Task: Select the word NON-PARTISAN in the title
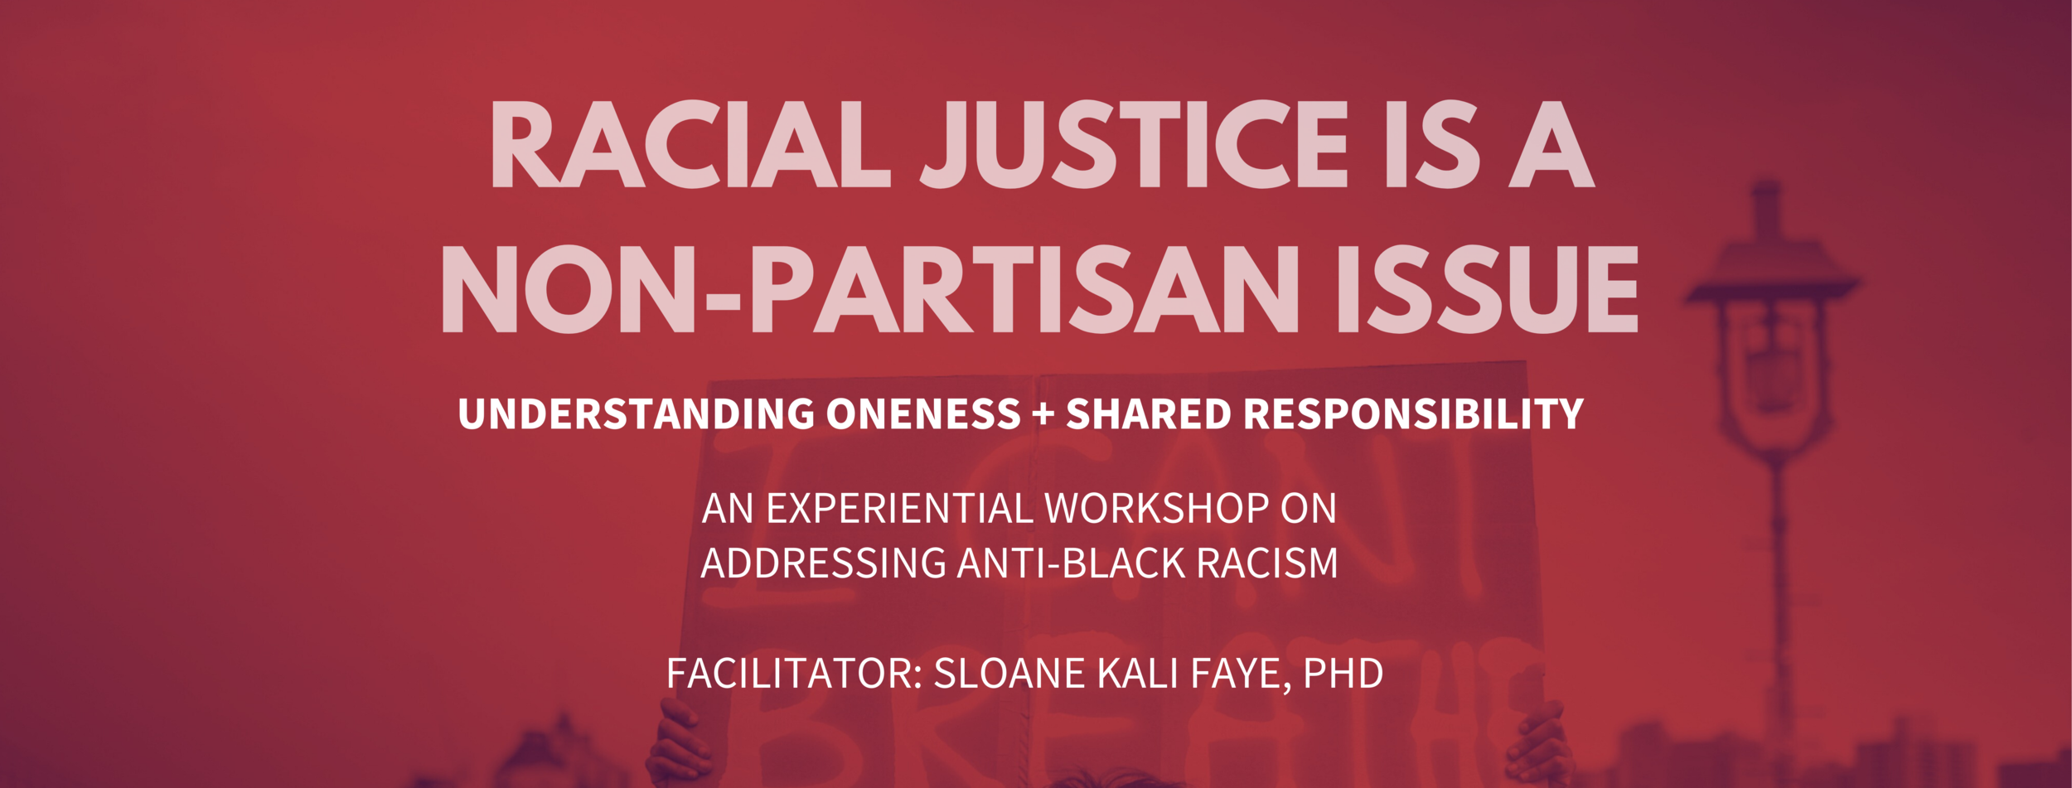click(x=869, y=290)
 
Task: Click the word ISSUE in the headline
click(x=1487, y=290)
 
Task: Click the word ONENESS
click(x=923, y=414)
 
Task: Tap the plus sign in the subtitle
click(x=1043, y=414)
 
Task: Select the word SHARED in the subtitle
click(x=1149, y=414)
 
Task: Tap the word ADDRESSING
click(x=823, y=564)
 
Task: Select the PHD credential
click(x=1343, y=674)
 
